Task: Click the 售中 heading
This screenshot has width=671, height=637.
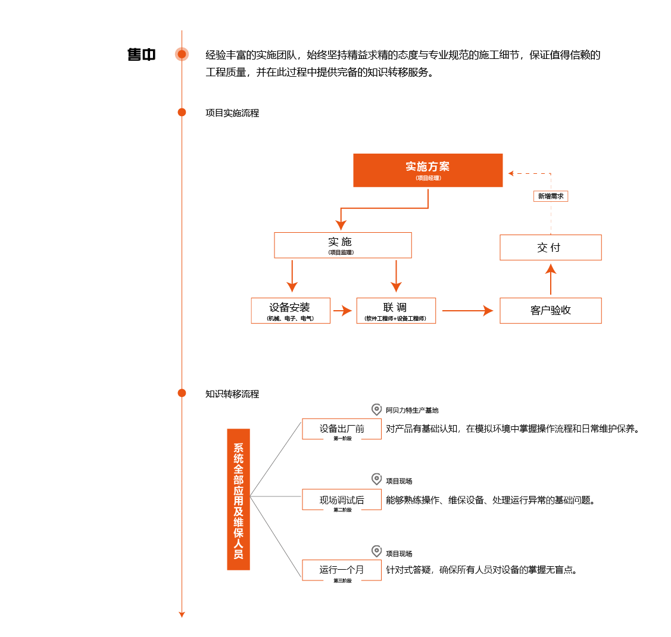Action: [x=141, y=55]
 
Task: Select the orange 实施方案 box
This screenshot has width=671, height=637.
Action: [x=428, y=170]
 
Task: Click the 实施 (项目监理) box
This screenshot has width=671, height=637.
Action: [x=343, y=245]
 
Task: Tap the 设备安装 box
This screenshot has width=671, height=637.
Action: [x=291, y=311]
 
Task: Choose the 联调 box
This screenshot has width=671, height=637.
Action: [x=396, y=311]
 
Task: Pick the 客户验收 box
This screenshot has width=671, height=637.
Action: [x=551, y=311]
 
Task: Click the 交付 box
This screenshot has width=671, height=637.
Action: [x=551, y=247]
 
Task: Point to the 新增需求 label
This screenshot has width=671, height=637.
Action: [x=551, y=196]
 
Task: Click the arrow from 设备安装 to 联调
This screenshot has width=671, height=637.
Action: [x=342, y=311]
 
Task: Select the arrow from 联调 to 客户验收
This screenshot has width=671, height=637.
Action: [x=468, y=311]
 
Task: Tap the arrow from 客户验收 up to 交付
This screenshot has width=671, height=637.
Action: [x=551, y=279]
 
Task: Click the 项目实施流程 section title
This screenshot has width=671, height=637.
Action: [x=232, y=113]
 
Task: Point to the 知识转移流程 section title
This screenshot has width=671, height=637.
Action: [x=232, y=394]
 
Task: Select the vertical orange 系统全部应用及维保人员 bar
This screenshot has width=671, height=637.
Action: [x=238, y=499]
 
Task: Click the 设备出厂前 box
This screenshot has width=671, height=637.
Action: [x=342, y=429]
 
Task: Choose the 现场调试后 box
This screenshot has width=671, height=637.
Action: [x=342, y=499]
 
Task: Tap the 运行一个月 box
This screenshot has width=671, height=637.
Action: [x=342, y=570]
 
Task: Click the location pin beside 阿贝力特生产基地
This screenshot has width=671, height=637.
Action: [x=376, y=410]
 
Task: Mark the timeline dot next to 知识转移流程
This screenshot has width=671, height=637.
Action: [x=182, y=393]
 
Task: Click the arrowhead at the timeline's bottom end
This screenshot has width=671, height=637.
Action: [x=182, y=615]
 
